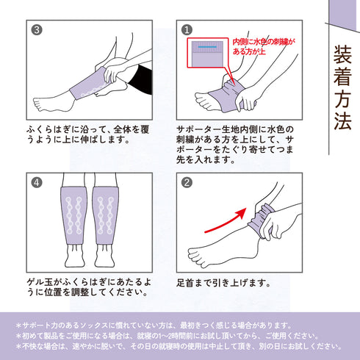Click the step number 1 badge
[187, 30]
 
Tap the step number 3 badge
[37, 30]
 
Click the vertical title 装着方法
[341, 90]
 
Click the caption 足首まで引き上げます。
[228, 283]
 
